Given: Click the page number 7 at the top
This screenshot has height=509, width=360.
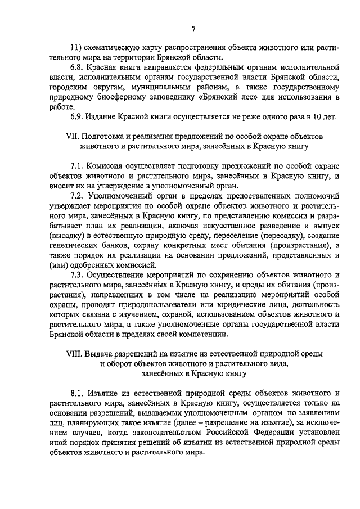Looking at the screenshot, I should [x=193, y=30].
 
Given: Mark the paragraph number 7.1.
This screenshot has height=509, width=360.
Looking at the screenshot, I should [x=78, y=166].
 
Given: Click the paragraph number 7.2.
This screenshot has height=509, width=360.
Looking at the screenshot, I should [x=78, y=196].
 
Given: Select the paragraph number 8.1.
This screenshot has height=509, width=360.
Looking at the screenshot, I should [x=78, y=391].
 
